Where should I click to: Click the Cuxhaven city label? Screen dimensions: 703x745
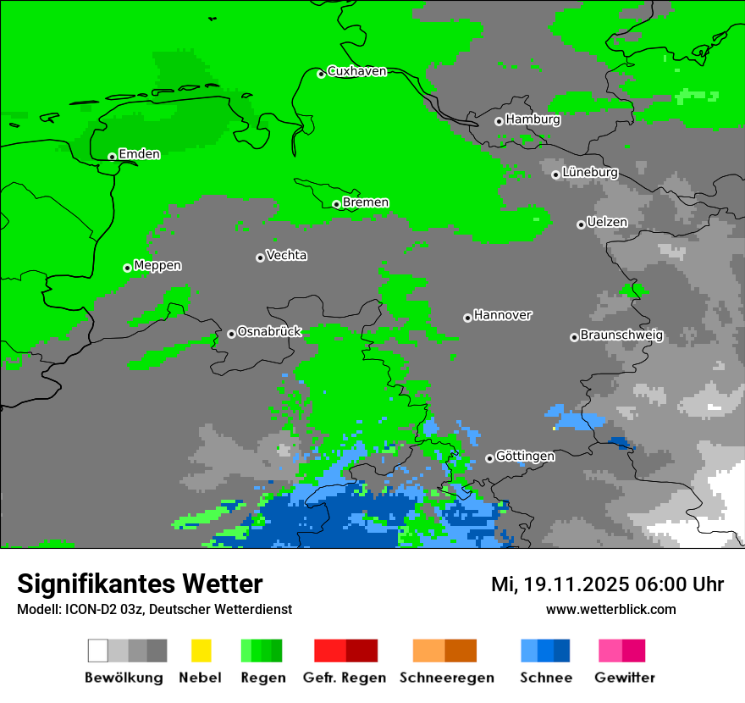pyautogui.click(x=356, y=71)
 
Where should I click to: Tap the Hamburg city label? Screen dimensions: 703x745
pyautogui.click(x=533, y=119)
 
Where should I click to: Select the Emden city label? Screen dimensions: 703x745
pyautogui.click(x=139, y=154)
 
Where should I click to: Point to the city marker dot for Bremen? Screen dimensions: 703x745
pyautogui.click(x=336, y=204)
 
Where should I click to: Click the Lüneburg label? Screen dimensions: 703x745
pyautogui.click(x=589, y=172)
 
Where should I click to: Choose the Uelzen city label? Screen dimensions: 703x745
pyautogui.click(x=607, y=222)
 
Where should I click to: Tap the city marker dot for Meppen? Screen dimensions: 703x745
pyautogui.click(x=127, y=268)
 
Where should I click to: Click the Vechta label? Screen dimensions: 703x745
pyautogui.click(x=286, y=255)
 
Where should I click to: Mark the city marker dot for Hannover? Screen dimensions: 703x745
pyautogui.click(x=467, y=318)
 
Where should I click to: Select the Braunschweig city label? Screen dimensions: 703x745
pyautogui.click(x=621, y=335)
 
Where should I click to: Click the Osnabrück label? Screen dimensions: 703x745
pyautogui.click(x=269, y=332)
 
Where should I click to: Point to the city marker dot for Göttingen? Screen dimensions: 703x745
pyautogui.click(x=489, y=458)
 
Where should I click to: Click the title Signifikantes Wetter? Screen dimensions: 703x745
pyautogui.click(x=140, y=584)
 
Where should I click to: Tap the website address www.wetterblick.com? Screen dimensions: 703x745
pyautogui.click(x=610, y=609)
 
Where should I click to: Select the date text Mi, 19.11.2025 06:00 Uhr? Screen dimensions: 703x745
pyautogui.click(x=607, y=584)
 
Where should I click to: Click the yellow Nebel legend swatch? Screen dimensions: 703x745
pyautogui.click(x=201, y=650)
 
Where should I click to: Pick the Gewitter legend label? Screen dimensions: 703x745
pyautogui.click(x=625, y=678)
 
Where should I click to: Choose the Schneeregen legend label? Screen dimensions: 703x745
pyautogui.click(x=446, y=678)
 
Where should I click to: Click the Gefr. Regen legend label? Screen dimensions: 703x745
pyautogui.click(x=345, y=678)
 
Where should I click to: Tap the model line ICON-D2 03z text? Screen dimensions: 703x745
pyautogui.click(x=154, y=609)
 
